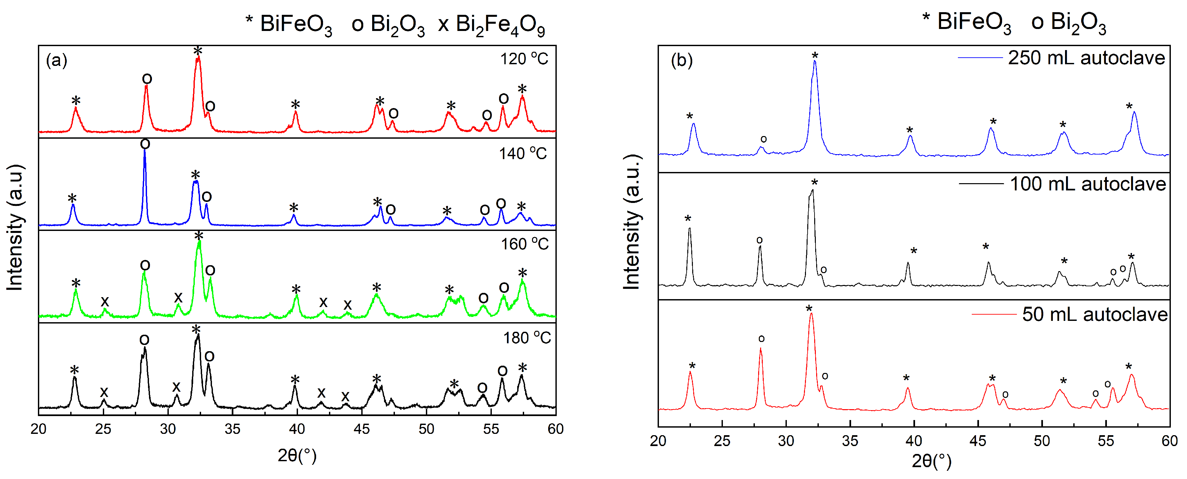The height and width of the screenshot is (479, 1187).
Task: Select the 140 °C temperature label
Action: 522,154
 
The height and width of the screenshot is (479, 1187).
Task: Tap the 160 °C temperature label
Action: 524,244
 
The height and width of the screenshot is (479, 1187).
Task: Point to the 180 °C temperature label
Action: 526,338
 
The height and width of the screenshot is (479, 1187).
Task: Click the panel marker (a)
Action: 57,60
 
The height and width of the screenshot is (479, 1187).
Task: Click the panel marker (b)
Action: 681,60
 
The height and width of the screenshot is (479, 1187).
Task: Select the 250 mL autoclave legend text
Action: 1086,58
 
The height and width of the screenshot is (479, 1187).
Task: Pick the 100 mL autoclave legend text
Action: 1087,184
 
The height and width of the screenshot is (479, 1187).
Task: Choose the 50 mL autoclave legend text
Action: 1094,315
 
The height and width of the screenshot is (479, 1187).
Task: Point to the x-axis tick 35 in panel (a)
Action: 233,429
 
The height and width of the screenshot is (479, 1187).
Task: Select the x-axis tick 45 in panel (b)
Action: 978,441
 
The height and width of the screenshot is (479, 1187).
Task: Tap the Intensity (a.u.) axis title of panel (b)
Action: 632,222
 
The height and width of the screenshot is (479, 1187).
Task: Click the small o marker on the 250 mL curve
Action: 763,139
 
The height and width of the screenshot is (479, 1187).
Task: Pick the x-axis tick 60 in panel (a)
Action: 555,429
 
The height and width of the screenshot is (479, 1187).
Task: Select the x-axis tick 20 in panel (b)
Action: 658,441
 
